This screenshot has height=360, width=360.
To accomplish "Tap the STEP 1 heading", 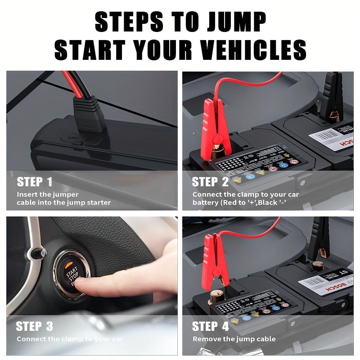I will coord(35,182).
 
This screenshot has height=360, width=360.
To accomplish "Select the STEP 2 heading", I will coord(210,182).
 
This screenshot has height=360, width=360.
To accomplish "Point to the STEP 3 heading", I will coord(35,326).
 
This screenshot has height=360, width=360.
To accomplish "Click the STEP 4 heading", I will coord(210,326).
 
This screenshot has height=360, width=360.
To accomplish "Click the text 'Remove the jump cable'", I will coord(234,339).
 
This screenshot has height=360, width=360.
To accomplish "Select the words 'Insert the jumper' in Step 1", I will coord(48,194).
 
